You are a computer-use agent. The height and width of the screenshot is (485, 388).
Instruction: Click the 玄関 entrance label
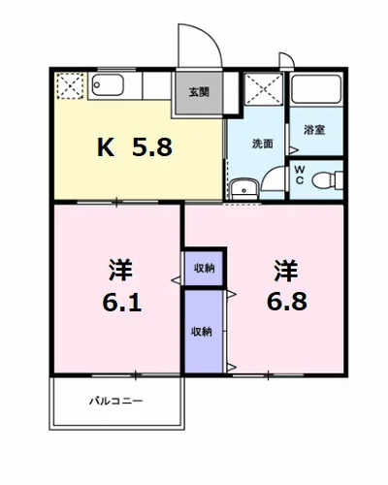[199, 93]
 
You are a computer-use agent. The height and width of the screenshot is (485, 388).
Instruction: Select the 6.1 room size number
[122, 303]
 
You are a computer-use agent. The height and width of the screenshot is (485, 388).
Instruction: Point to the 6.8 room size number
[287, 302]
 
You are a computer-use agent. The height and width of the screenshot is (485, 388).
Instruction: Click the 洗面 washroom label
[262, 145]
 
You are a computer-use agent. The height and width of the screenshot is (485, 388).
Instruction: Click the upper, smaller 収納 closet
[204, 268]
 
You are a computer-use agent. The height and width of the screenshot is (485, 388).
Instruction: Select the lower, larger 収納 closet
[203, 331]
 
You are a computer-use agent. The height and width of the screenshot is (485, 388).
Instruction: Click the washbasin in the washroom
[242, 186]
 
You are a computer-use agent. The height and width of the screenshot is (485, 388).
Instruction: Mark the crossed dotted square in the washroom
[261, 90]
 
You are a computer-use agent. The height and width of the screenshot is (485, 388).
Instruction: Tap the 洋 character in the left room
[121, 269]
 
